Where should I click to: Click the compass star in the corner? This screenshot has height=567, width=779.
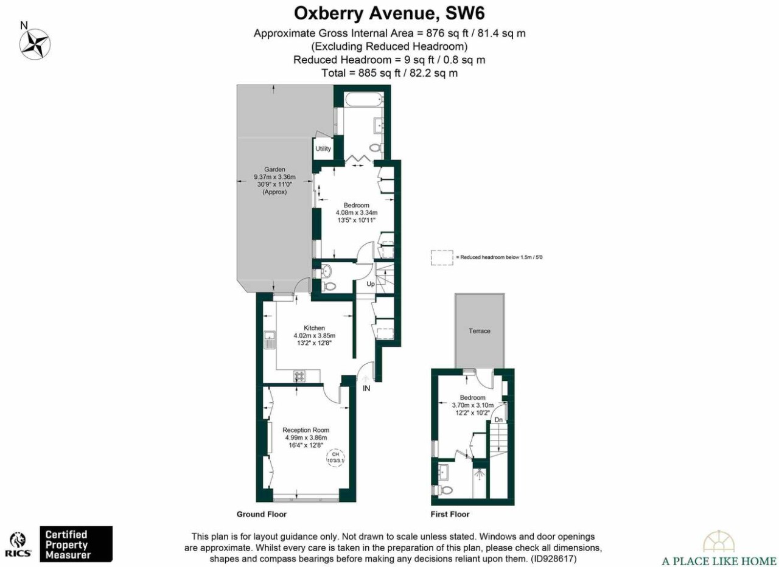click(x=35, y=44)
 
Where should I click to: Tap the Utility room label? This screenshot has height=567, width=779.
click(x=323, y=148)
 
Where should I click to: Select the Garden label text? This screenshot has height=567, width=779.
click(x=274, y=169)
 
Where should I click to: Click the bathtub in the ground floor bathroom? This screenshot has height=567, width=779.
click(x=365, y=99)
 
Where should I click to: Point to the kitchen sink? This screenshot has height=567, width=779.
click(x=270, y=340)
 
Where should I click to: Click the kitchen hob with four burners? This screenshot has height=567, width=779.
click(x=299, y=376)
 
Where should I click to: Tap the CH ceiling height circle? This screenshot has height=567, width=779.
click(x=335, y=457)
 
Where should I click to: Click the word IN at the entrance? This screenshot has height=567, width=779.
click(x=366, y=388)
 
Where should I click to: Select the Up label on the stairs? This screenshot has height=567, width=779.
click(x=371, y=284)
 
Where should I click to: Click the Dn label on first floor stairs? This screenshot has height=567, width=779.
click(x=498, y=420)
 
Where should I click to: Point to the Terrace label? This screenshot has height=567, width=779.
click(x=480, y=331)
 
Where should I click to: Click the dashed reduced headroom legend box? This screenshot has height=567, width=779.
click(x=442, y=257)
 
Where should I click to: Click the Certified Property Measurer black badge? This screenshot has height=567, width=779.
click(x=76, y=544)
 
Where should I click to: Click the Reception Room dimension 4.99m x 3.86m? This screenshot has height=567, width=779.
click(x=306, y=437)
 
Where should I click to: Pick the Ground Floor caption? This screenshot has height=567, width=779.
click(x=262, y=514)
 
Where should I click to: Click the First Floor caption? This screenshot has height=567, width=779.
click(x=450, y=514)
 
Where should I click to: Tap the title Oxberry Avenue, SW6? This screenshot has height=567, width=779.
click(x=389, y=14)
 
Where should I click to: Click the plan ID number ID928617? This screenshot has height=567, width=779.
click(x=553, y=558)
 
